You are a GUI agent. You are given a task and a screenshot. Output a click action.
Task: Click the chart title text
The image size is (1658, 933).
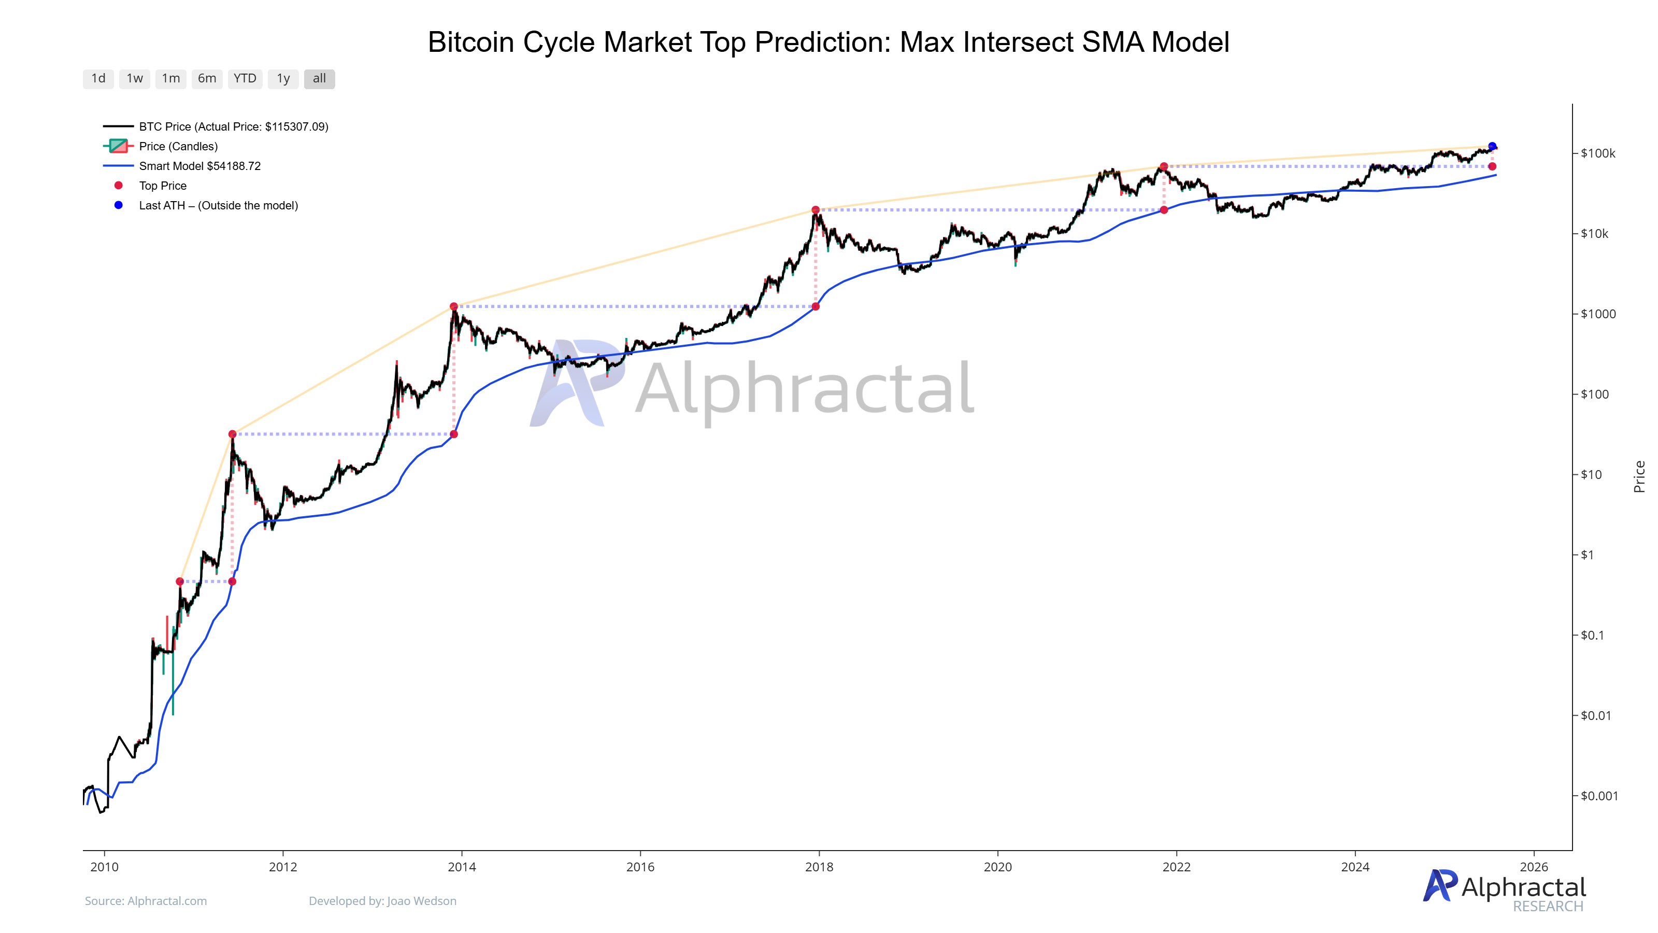point(828,43)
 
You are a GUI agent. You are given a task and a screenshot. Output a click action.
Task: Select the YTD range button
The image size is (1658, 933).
point(245,79)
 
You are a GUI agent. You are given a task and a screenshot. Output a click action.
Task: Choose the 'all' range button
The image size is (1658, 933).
point(319,79)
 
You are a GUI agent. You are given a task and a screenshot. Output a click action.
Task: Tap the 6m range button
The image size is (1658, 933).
point(207,79)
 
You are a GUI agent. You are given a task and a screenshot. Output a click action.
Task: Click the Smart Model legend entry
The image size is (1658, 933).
point(199,166)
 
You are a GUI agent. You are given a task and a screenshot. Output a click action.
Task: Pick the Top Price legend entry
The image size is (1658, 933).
point(162,186)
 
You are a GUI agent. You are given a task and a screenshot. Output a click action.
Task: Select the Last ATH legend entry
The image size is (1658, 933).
point(218,205)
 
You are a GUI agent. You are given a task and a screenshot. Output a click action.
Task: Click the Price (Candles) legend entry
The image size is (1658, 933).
point(178,146)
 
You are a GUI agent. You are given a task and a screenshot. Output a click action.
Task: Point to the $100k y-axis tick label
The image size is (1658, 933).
point(1597,153)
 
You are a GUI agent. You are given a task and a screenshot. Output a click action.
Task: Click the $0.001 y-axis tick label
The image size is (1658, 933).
point(1599,796)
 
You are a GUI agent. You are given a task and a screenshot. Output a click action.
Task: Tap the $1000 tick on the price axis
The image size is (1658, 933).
point(1597,314)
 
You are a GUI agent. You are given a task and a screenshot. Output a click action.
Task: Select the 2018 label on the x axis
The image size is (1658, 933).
point(819,867)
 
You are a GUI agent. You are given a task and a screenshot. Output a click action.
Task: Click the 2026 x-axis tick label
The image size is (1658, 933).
point(1533,867)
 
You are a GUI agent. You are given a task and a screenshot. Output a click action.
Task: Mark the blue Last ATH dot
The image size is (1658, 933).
point(1492,147)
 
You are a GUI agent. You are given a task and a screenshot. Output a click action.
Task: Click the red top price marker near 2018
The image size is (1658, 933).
point(816,210)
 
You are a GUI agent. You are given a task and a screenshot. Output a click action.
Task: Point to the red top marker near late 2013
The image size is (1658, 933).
point(454,306)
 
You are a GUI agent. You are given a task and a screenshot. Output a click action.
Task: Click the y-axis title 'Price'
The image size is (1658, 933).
point(1639,476)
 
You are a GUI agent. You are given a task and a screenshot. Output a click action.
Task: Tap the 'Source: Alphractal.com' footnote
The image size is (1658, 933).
point(146,901)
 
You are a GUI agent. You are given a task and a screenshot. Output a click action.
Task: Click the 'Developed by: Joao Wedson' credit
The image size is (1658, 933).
point(382,901)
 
